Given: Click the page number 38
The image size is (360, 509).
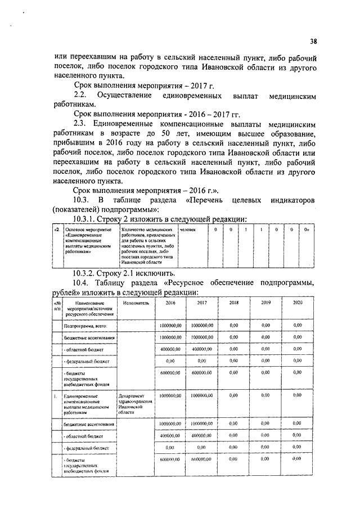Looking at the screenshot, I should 313,40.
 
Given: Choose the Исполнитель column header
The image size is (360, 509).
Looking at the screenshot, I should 134,303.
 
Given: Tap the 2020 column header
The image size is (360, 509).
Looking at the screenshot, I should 298,303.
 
